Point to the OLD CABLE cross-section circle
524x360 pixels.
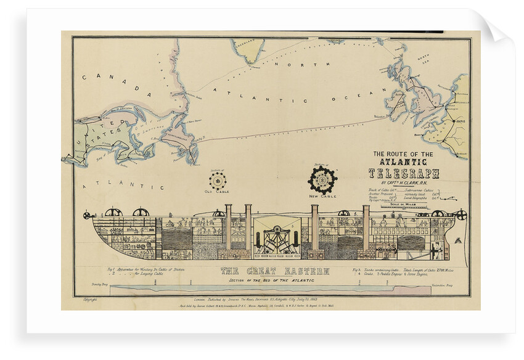pyautogui.click(x=217, y=181)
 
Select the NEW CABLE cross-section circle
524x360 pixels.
pyautogui.click(x=322, y=179)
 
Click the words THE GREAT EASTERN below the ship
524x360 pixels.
pyautogui.click(x=275, y=271)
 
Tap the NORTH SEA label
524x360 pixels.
pyautogui.click(x=423, y=59)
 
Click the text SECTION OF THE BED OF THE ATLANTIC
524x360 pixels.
pyautogui.click(x=275, y=280)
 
